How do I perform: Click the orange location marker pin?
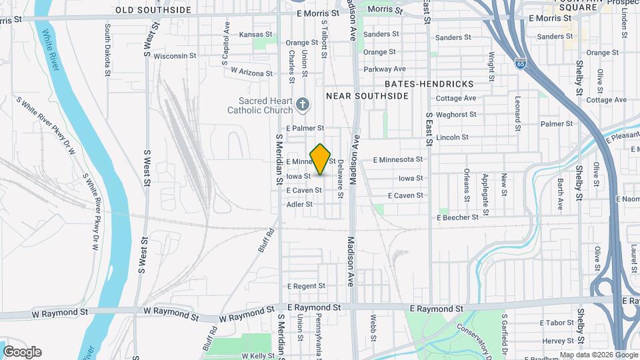point(321,159)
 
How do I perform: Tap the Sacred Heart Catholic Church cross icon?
point(303,104)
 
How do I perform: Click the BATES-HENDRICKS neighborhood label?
point(429,84)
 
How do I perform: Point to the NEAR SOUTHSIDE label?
point(367,96)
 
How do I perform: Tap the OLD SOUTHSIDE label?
point(153,10)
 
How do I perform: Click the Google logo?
point(22,352)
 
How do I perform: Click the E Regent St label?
point(305,286)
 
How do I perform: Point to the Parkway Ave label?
point(385,69)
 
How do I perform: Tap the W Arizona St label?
point(252,71)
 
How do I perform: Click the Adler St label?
point(299,204)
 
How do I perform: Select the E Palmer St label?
point(305,127)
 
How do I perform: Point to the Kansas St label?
point(256,34)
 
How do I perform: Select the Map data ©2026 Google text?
point(599,355)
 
